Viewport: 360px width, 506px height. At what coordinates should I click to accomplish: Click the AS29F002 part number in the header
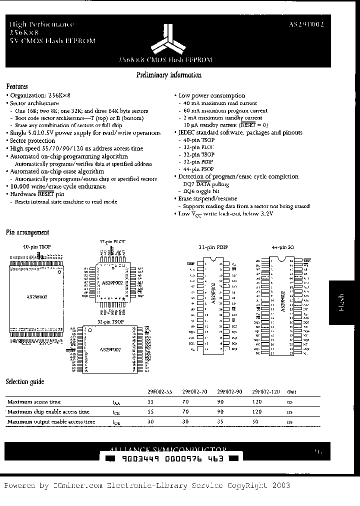click(x=306, y=24)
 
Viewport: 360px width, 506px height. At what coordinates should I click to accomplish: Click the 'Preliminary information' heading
click(x=169, y=75)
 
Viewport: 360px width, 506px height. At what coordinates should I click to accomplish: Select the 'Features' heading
click(x=17, y=86)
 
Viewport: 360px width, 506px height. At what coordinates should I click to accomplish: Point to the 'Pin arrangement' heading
click(x=27, y=232)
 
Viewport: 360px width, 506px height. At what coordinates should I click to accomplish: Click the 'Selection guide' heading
click(x=25, y=381)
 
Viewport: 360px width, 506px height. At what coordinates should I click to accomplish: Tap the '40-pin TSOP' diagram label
click(x=33, y=247)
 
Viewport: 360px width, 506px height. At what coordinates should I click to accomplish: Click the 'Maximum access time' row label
click(x=34, y=401)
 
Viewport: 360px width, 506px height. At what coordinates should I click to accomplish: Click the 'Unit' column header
click(x=290, y=391)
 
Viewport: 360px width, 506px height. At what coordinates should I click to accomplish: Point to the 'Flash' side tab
click(x=342, y=303)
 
